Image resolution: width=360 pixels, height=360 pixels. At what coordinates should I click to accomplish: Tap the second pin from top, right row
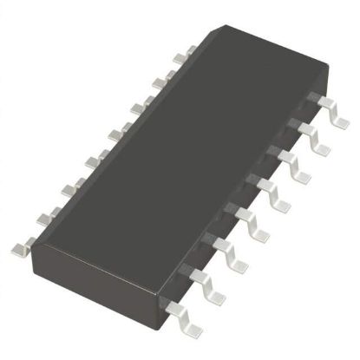point(309,134)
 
